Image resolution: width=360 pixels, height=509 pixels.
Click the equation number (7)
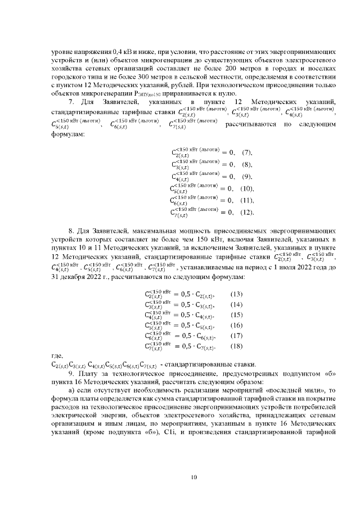(246, 153)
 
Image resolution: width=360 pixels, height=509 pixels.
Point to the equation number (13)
(237, 294)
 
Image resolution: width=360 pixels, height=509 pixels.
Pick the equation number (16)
(237, 326)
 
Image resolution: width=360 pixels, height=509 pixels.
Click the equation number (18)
(237, 346)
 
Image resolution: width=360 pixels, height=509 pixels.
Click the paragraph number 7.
(70, 101)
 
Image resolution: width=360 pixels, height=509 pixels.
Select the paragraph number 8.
(70, 231)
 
